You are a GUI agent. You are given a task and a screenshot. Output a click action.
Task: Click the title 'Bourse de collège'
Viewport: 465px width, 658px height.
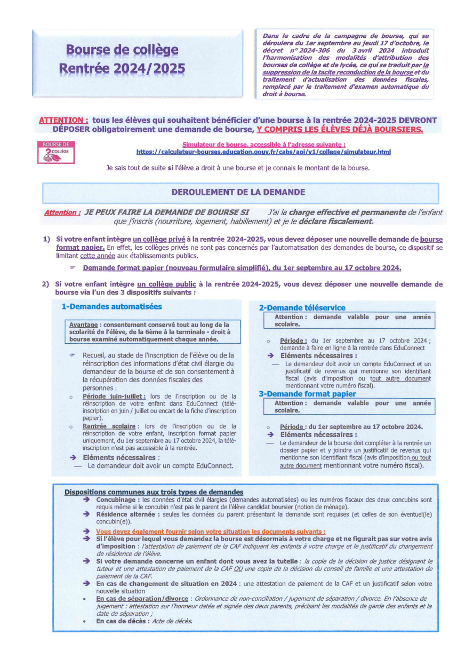click(122, 51)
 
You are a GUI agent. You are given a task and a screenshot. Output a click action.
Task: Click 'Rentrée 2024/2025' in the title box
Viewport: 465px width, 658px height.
click(122, 68)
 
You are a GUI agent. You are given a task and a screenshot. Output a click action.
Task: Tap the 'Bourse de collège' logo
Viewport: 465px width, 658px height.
click(56, 152)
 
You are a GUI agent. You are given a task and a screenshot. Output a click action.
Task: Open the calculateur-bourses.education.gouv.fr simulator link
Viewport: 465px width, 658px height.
click(263, 152)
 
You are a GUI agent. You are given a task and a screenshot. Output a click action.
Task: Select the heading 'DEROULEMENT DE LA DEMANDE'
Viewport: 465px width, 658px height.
click(238, 192)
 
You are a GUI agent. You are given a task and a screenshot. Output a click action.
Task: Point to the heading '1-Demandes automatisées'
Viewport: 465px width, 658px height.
click(111, 307)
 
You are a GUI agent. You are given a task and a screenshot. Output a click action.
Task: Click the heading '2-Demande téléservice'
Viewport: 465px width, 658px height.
click(302, 307)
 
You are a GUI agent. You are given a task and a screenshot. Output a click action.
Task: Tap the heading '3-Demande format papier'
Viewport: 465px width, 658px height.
click(307, 394)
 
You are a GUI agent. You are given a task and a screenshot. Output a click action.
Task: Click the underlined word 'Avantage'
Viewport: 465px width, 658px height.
click(83, 324)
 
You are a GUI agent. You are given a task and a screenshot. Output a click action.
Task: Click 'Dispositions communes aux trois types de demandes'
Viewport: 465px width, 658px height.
click(154, 491)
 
